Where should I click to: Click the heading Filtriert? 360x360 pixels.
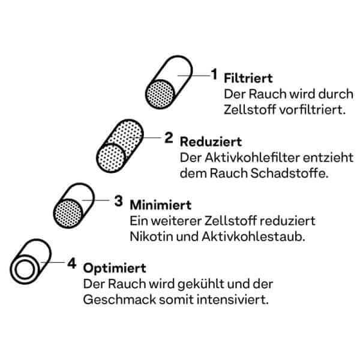pyautogui.click(x=248, y=78)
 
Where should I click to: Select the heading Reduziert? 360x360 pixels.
pyautogui.click(x=211, y=142)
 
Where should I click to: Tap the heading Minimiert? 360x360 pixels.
pyautogui.click(x=160, y=205)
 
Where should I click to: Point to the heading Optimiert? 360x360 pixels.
pyautogui.click(x=115, y=269)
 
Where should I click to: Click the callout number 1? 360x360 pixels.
pyautogui.click(x=214, y=74)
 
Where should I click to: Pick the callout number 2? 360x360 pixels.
pyautogui.click(x=169, y=137)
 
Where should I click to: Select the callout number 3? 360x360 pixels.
pyautogui.click(x=118, y=201)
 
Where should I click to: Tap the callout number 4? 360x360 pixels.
pyautogui.click(x=72, y=263)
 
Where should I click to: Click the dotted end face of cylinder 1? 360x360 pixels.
pyautogui.click(x=160, y=94)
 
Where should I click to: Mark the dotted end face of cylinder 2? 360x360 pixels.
pyautogui.click(x=111, y=158)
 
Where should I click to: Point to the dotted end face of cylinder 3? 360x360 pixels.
pyautogui.click(x=68, y=213)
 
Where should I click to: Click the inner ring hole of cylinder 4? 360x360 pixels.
pyautogui.click(x=25, y=269)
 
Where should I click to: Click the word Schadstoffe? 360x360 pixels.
pyautogui.click(x=289, y=173)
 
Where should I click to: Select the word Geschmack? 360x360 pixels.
pyautogui.click(x=119, y=299)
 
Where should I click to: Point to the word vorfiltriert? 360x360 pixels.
pyautogui.click(x=313, y=110)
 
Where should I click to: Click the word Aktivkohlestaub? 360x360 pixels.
pyautogui.click(x=253, y=236)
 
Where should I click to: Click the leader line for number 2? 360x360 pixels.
pyautogui.click(x=145, y=138)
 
